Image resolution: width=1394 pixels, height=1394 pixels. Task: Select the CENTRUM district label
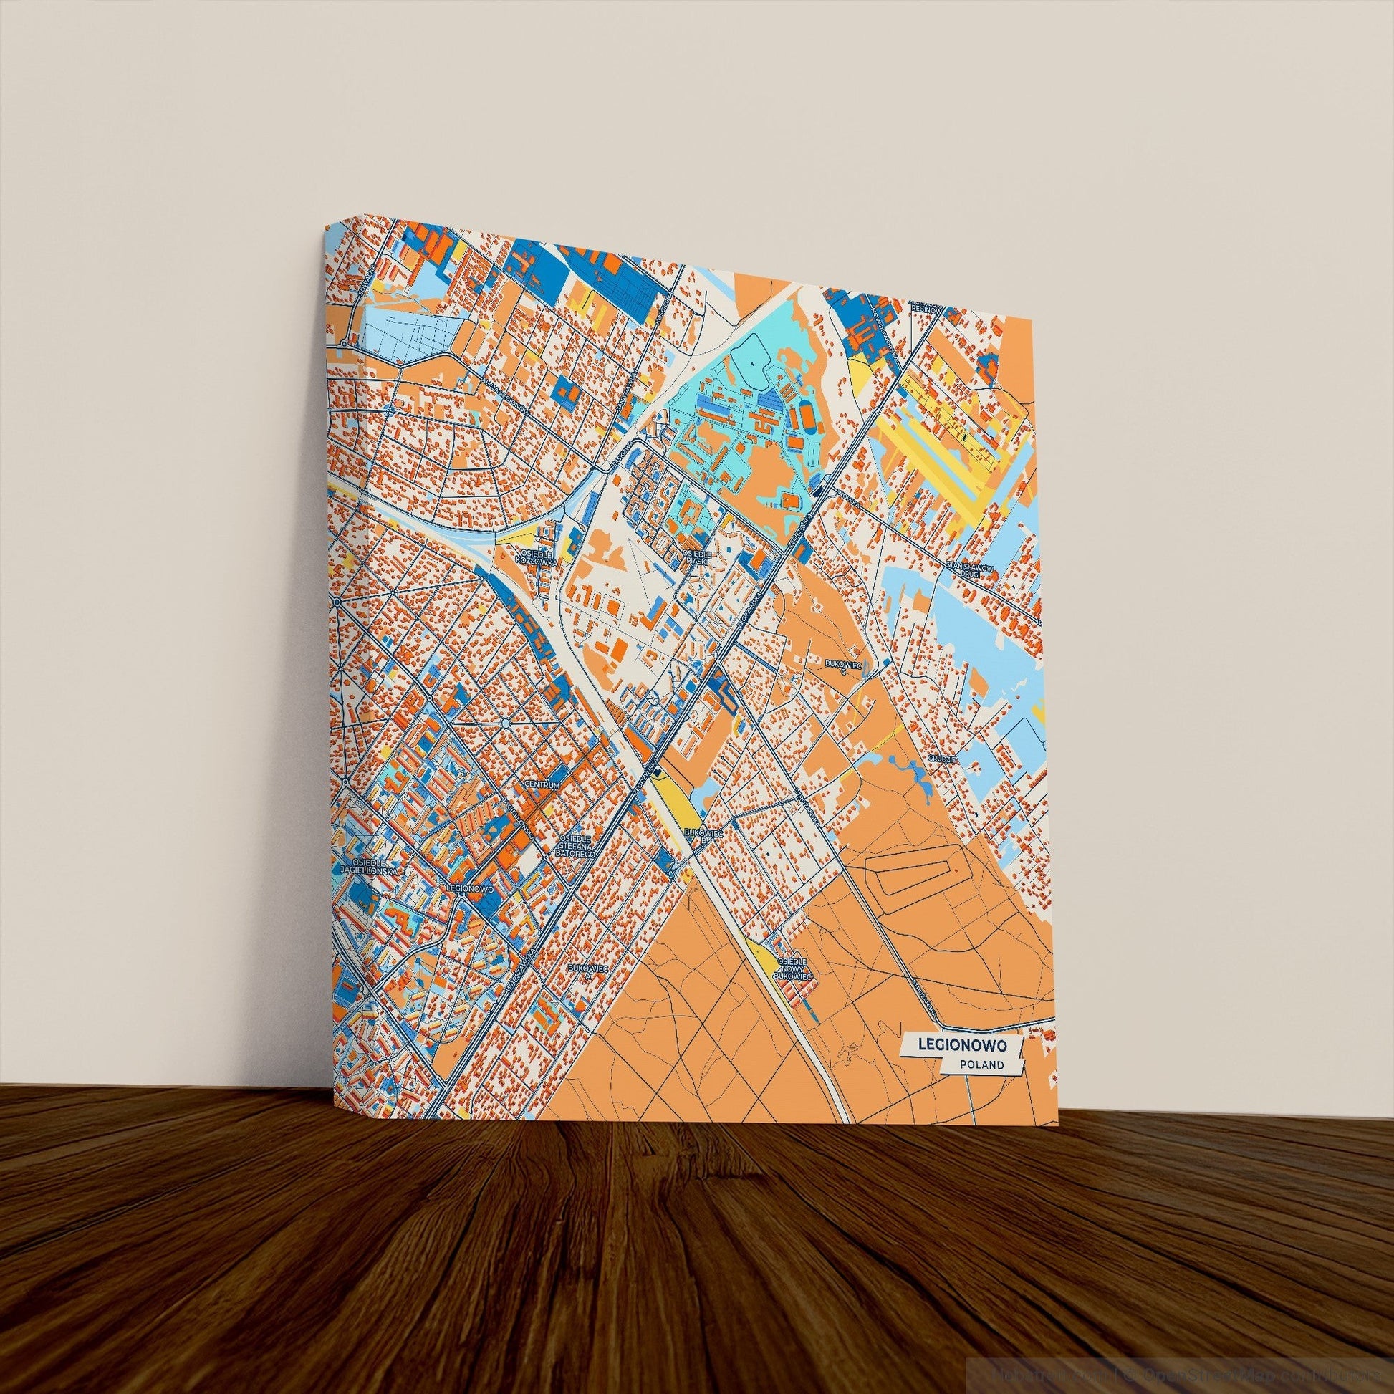tap(542, 784)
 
